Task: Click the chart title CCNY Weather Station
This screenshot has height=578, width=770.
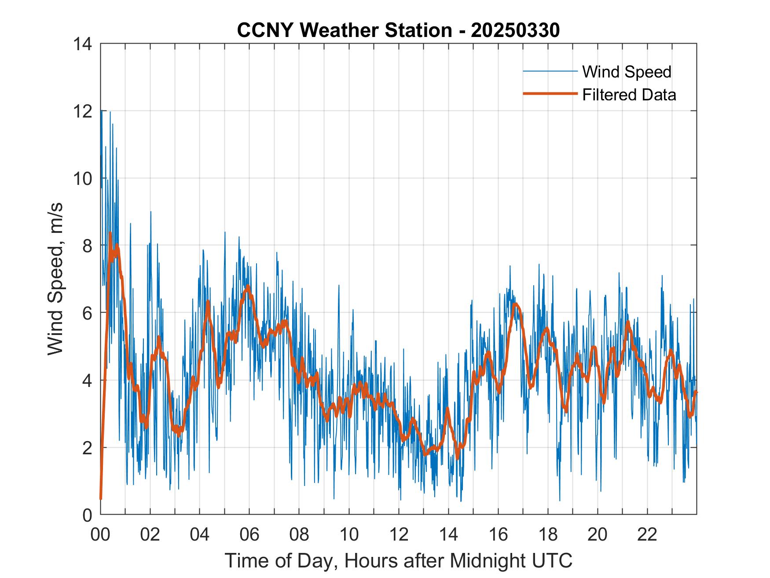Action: tap(344, 30)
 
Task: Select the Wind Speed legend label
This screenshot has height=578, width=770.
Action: tap(627, 72)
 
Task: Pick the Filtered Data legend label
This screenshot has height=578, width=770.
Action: tap(629, 95)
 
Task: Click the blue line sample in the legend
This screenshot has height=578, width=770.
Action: tap(550, 71)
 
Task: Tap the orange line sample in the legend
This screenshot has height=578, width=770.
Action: tap(550, 94)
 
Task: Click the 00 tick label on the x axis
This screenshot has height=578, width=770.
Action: tap(100, 535)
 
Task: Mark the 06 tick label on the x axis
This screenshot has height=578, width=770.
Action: tap(249, 535)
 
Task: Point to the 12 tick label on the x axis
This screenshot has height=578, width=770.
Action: tap(399, 535)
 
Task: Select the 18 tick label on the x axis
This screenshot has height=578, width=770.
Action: tap(548, 535)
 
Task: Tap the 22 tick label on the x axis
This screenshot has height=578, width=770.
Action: tap(647, 535)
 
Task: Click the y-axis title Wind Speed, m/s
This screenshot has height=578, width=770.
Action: tap(55, 279)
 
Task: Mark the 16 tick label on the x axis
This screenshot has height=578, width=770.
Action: tap(498, 535)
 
